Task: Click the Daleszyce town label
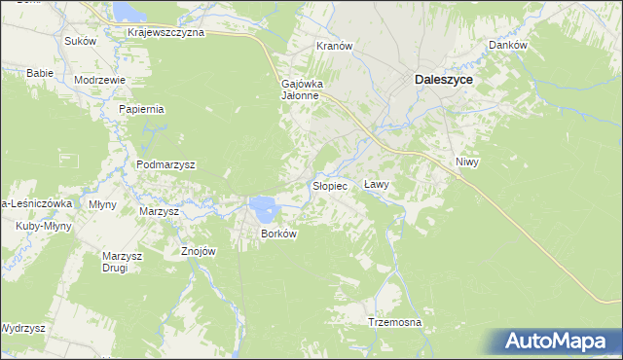(444, 81)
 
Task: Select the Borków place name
(277, 234)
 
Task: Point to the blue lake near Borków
(261, 205)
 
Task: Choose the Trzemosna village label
(394, 322)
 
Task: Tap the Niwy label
(466, 161)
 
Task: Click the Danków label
(507, 46)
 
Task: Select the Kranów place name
(334, 46)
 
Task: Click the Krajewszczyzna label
(165, 32)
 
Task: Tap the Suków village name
(80, 41)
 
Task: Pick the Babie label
(39, 73)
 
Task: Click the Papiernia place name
(142, 110)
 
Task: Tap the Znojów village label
(198, 250)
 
